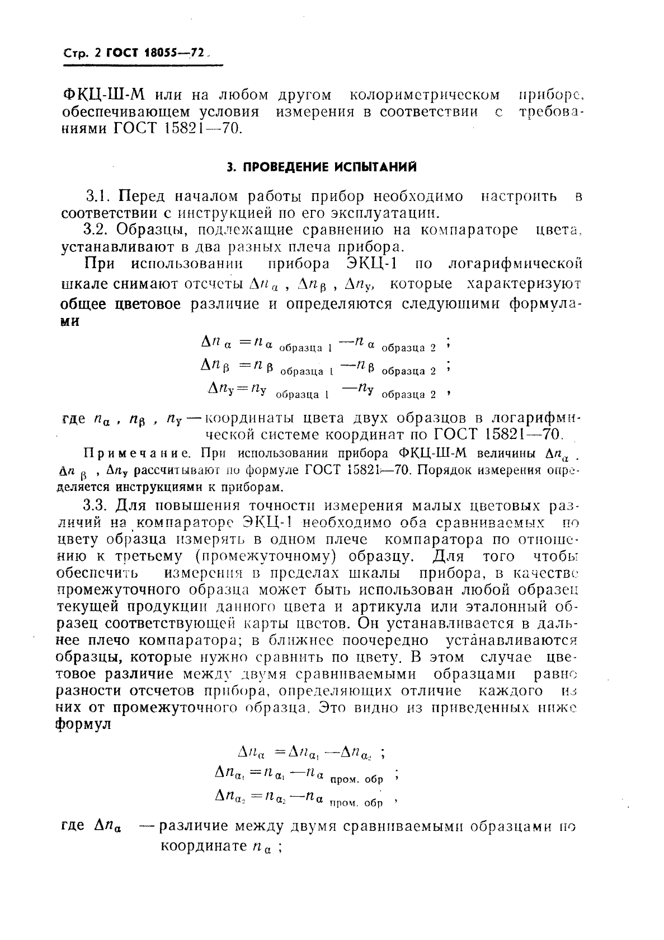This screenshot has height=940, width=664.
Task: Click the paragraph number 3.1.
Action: point(98,197)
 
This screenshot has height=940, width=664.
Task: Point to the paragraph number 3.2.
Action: point(98,230)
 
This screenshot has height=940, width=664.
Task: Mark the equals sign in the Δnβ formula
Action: point(246,365)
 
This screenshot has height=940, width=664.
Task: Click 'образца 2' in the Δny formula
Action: point(409,395)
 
